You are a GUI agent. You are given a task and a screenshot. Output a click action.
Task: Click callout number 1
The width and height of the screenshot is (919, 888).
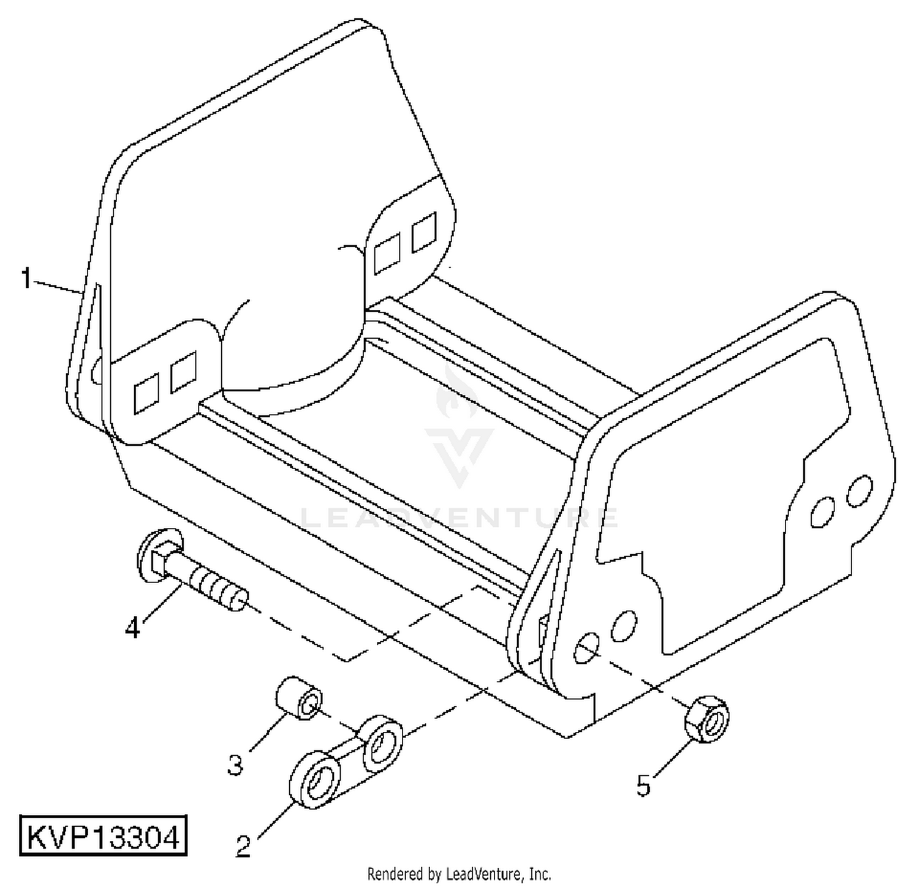25,278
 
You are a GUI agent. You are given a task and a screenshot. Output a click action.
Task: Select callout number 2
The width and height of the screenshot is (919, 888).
243,846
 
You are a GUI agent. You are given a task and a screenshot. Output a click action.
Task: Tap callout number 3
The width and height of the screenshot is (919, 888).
236,765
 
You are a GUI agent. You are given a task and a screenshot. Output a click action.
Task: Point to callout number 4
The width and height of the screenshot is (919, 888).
133,628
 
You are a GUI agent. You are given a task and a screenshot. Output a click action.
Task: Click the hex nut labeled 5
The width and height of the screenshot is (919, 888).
706,719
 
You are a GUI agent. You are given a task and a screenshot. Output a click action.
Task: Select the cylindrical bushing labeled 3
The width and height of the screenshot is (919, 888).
298,698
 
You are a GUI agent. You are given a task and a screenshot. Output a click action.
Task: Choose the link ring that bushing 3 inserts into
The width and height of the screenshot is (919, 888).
383,743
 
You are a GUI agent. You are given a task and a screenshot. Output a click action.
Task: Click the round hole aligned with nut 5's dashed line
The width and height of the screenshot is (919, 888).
586,648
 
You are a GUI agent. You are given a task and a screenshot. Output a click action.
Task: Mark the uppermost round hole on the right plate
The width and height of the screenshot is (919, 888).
860,490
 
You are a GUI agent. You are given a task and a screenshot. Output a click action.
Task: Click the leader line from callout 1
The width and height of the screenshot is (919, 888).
57,287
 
